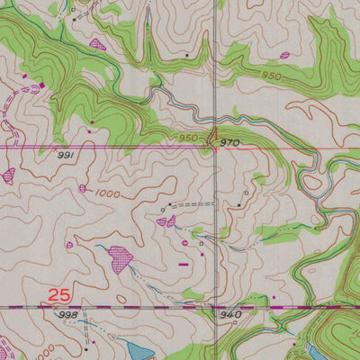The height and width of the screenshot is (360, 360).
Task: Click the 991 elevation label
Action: [64, 155]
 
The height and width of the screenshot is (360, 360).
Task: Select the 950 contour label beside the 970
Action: [187, 138]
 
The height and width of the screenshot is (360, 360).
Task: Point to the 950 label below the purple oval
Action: [273, 76]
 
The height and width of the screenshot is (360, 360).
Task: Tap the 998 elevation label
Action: [67, 316]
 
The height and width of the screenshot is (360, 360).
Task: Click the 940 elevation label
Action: [229, 314]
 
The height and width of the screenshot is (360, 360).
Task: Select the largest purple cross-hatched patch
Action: [120, 259]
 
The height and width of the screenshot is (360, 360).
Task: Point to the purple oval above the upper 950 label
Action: [285, 55]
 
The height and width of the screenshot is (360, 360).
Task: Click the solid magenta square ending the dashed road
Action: [41, 85]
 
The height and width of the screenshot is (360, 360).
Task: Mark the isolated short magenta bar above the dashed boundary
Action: [184, 265]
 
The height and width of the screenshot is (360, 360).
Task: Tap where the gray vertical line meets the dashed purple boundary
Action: [216, 307]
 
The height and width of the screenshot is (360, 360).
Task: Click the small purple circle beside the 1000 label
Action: [83, 188]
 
